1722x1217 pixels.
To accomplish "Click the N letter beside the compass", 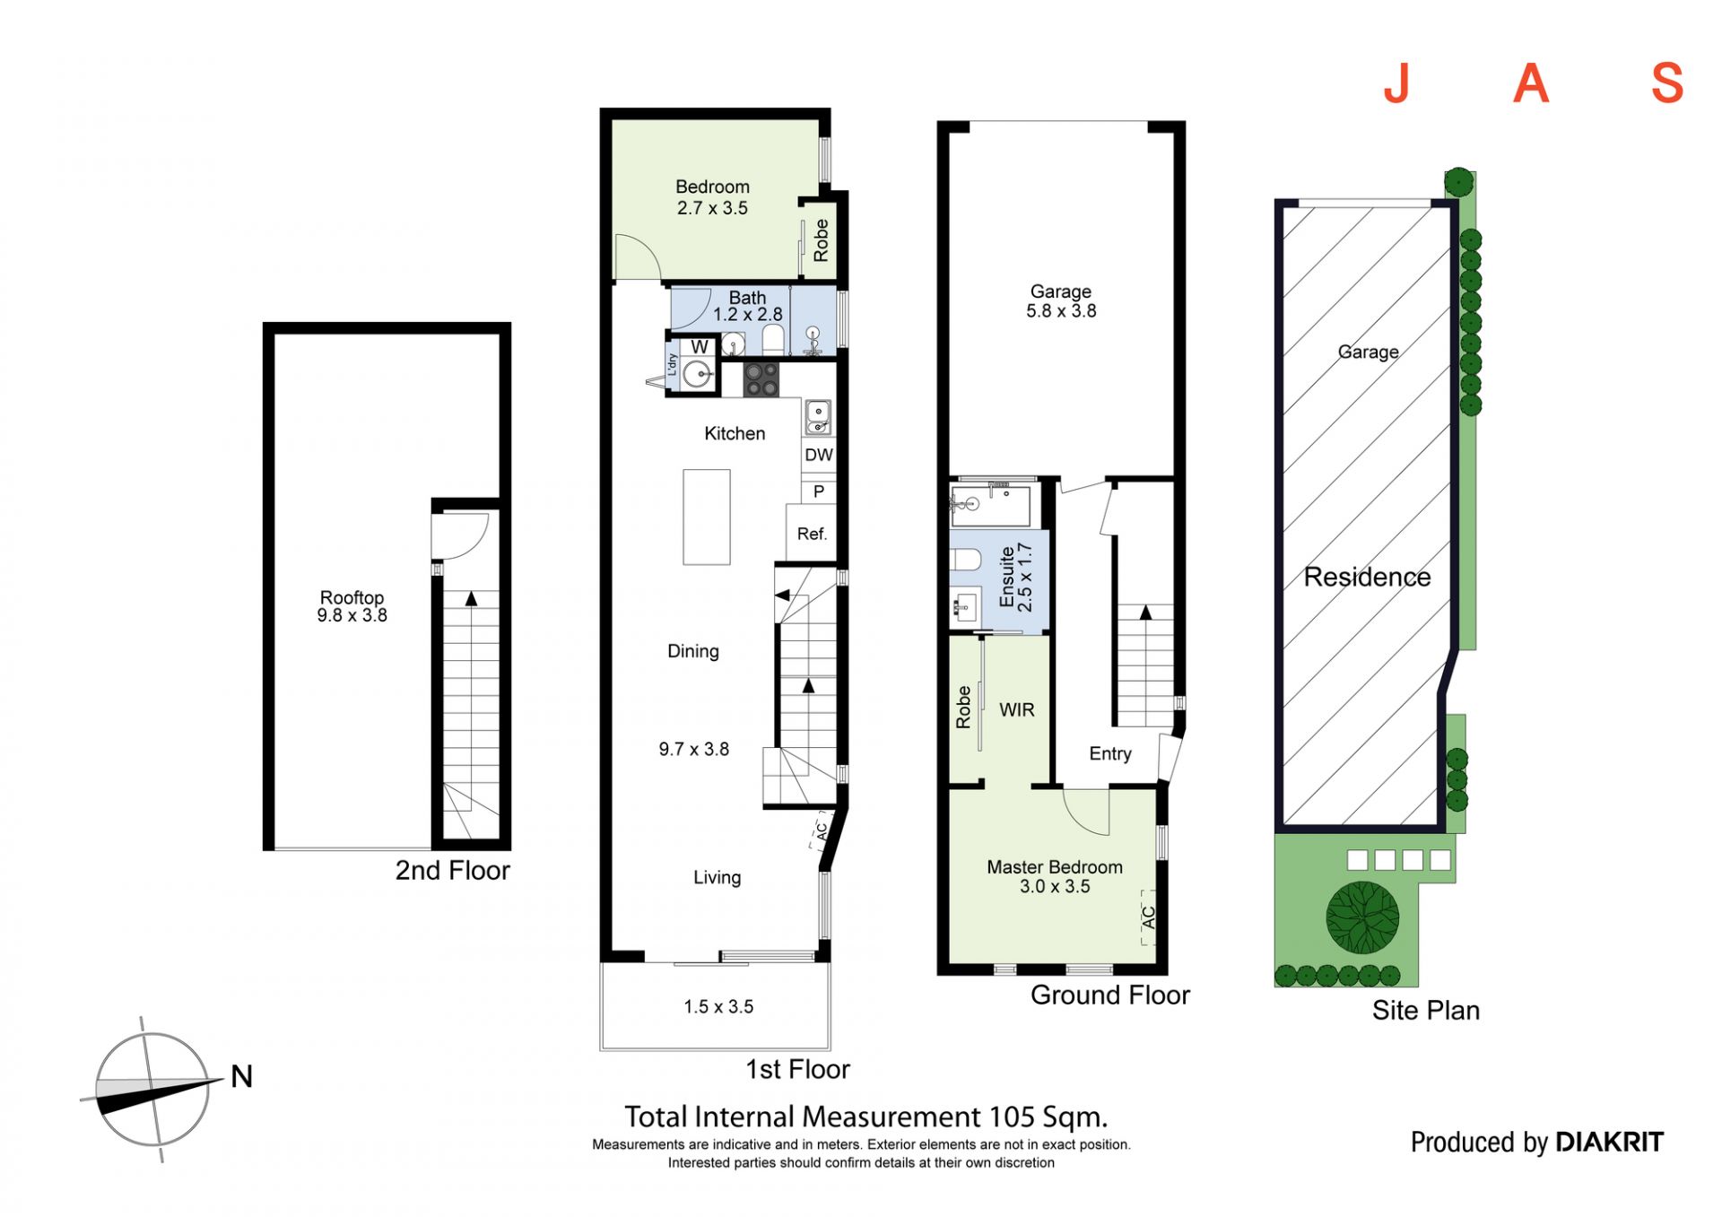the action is pos(241,1076).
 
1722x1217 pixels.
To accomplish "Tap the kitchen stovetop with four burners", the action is pos(761,379).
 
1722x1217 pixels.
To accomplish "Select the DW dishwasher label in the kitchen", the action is pos(818,455).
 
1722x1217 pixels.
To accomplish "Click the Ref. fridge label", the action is pos(812,534).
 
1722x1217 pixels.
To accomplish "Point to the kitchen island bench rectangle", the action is pos(707,517).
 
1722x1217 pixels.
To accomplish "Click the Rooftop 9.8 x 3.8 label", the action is pos(352,606).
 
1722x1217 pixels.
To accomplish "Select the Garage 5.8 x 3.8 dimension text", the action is pos(1061,311).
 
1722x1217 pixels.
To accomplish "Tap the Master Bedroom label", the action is pos(1055,867).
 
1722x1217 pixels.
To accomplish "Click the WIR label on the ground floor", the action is pos(1017,709).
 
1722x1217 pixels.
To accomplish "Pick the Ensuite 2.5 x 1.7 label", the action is pos(1016,578).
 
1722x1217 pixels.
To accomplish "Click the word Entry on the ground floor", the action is pos(1110,754).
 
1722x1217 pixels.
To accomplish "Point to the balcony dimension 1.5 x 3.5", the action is pos(718,1007).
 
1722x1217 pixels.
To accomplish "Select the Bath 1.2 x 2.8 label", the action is pos(747,306).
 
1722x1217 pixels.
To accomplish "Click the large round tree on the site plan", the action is pos(1362,917).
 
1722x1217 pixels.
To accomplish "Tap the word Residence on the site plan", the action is pos(1367,577).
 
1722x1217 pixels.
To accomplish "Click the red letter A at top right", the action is pos(1531,83).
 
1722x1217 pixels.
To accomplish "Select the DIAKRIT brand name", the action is pos(1609,1142).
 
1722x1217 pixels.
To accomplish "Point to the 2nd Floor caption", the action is pos(452,871).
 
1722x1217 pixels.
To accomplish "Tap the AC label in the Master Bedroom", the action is pos(1149,917).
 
